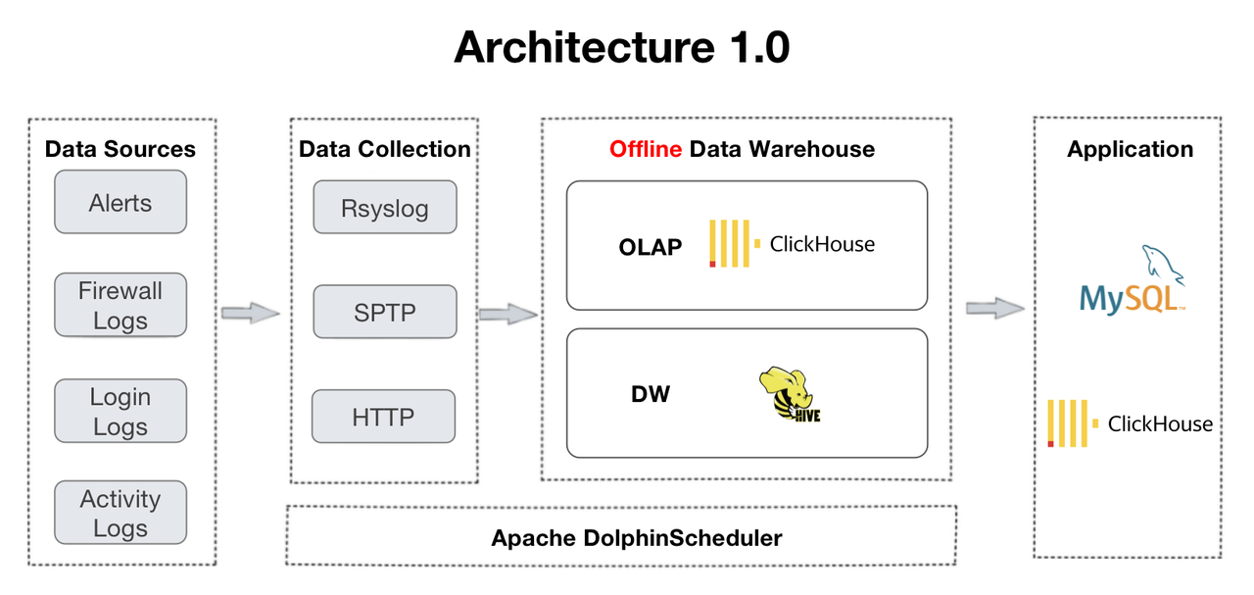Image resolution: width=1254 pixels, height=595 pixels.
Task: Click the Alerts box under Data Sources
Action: coord(120,203)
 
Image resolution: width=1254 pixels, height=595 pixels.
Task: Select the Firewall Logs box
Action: coord(120,306)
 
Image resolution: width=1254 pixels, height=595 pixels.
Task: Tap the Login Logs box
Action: coord(120,412)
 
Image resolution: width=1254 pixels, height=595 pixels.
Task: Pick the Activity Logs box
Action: coord(120,514)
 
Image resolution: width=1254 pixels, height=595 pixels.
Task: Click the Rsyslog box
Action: coord(384,208)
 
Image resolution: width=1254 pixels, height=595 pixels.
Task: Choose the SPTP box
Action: coord(384,313)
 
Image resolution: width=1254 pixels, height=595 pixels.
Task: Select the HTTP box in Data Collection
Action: coord(383,417)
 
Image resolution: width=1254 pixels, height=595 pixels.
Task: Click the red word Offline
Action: coord(645,149)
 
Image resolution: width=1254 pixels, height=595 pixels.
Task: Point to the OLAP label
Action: coord(650,247)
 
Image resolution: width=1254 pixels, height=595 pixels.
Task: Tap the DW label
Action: coord(651,394)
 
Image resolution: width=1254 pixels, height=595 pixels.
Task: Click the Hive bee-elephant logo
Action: coord(790,395)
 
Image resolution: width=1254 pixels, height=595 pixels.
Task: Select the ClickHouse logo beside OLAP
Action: coord(792,244)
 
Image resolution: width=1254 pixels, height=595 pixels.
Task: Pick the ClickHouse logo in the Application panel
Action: coord(1130,423)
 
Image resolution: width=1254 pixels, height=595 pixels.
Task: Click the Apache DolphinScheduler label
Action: coord(636,538)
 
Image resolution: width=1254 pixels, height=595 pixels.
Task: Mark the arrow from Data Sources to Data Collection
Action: coord(250,314)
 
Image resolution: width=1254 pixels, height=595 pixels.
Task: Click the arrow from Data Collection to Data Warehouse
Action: coord(507,315)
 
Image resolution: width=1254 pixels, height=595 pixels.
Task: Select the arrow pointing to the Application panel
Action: coord(994,308)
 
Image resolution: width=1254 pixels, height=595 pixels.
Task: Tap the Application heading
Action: coord(1130,149)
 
